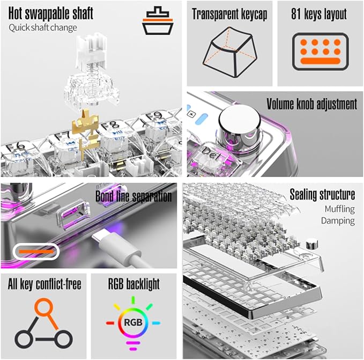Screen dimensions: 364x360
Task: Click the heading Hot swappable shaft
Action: (x=51, y=13)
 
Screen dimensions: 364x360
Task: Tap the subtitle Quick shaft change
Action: (x=43, y=28)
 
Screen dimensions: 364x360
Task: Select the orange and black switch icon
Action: (x=158, y=21)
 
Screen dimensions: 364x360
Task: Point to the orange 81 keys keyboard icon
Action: (x=321, y=52)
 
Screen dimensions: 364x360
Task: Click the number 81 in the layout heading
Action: (x=296, y=14)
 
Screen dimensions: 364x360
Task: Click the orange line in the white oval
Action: (x=36, y=251)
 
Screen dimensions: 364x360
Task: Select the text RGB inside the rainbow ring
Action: (x=133, y=322)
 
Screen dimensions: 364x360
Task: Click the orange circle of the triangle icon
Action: (x=43, y=307)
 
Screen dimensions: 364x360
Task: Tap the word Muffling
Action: (x=340, y=209)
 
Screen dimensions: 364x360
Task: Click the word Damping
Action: (x=338, y=221)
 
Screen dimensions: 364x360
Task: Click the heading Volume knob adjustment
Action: (x=311, y=104)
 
